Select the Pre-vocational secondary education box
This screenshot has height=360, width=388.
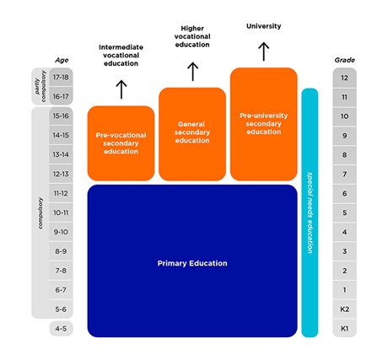[121, 143]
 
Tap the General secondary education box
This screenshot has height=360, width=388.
[191, 133]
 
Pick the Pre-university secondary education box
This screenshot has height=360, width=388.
[263, 123]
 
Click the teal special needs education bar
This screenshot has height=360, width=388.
[310, 211]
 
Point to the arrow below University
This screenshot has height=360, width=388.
[263, 51]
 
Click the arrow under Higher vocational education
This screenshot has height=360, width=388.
[192, 71]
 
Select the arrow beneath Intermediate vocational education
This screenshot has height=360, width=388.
[121, 89]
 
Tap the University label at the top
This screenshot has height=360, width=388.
[263, 26]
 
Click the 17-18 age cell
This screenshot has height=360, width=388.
[61, 78]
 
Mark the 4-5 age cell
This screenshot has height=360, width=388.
[61, 328]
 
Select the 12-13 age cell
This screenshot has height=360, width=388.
[61, 174]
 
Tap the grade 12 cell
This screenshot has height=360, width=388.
[344, 78]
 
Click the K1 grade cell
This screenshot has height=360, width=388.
[344, 328]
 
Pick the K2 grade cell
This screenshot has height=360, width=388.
[344, 309]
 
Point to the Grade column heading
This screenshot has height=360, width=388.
[344, 61]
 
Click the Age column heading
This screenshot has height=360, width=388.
[61, 61]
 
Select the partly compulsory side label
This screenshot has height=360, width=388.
[39, 87]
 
